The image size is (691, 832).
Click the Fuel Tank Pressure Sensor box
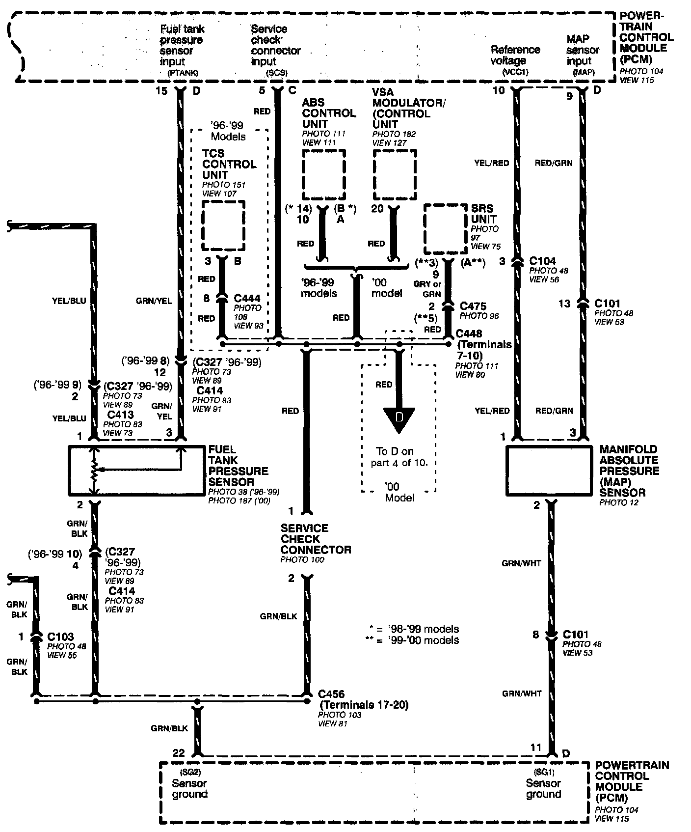tap(136, 470)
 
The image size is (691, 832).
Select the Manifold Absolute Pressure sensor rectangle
tap(549, 470)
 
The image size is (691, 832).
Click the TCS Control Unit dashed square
tap(223, 225)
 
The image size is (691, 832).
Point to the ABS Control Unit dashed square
tap(323, 172)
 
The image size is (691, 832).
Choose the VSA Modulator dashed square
tap(395, 172)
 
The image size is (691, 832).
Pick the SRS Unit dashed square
tap(445, 229)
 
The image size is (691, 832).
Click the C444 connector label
tap(247, 298)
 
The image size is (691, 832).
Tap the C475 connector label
tap(473, 306)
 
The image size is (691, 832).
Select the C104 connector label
tap(542, 261)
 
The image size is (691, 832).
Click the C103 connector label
tap(60, 637)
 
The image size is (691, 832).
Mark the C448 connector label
tap(469, 333)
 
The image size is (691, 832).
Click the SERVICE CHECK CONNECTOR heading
tap(316, 539)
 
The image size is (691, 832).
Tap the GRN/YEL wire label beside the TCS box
tap(154, 301)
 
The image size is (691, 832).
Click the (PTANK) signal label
tap(183, 73)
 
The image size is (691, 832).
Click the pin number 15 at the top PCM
tap(161, 91)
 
